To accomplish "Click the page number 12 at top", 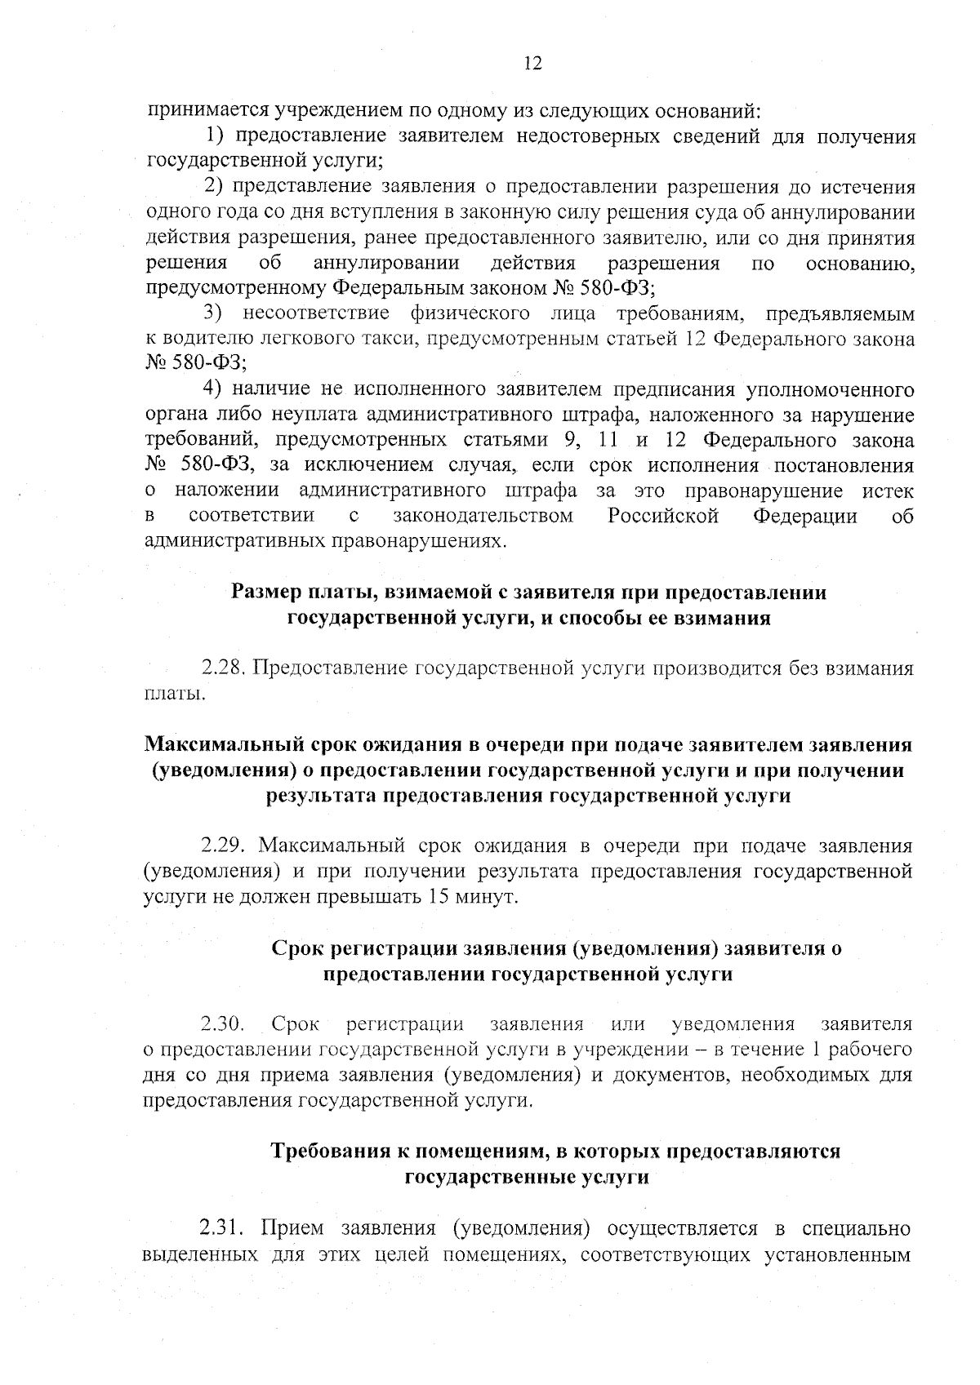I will point(532,64).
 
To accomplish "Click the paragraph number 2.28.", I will point(225,668).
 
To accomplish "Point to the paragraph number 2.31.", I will point(225,1228).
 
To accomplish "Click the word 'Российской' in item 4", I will point(663,517).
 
